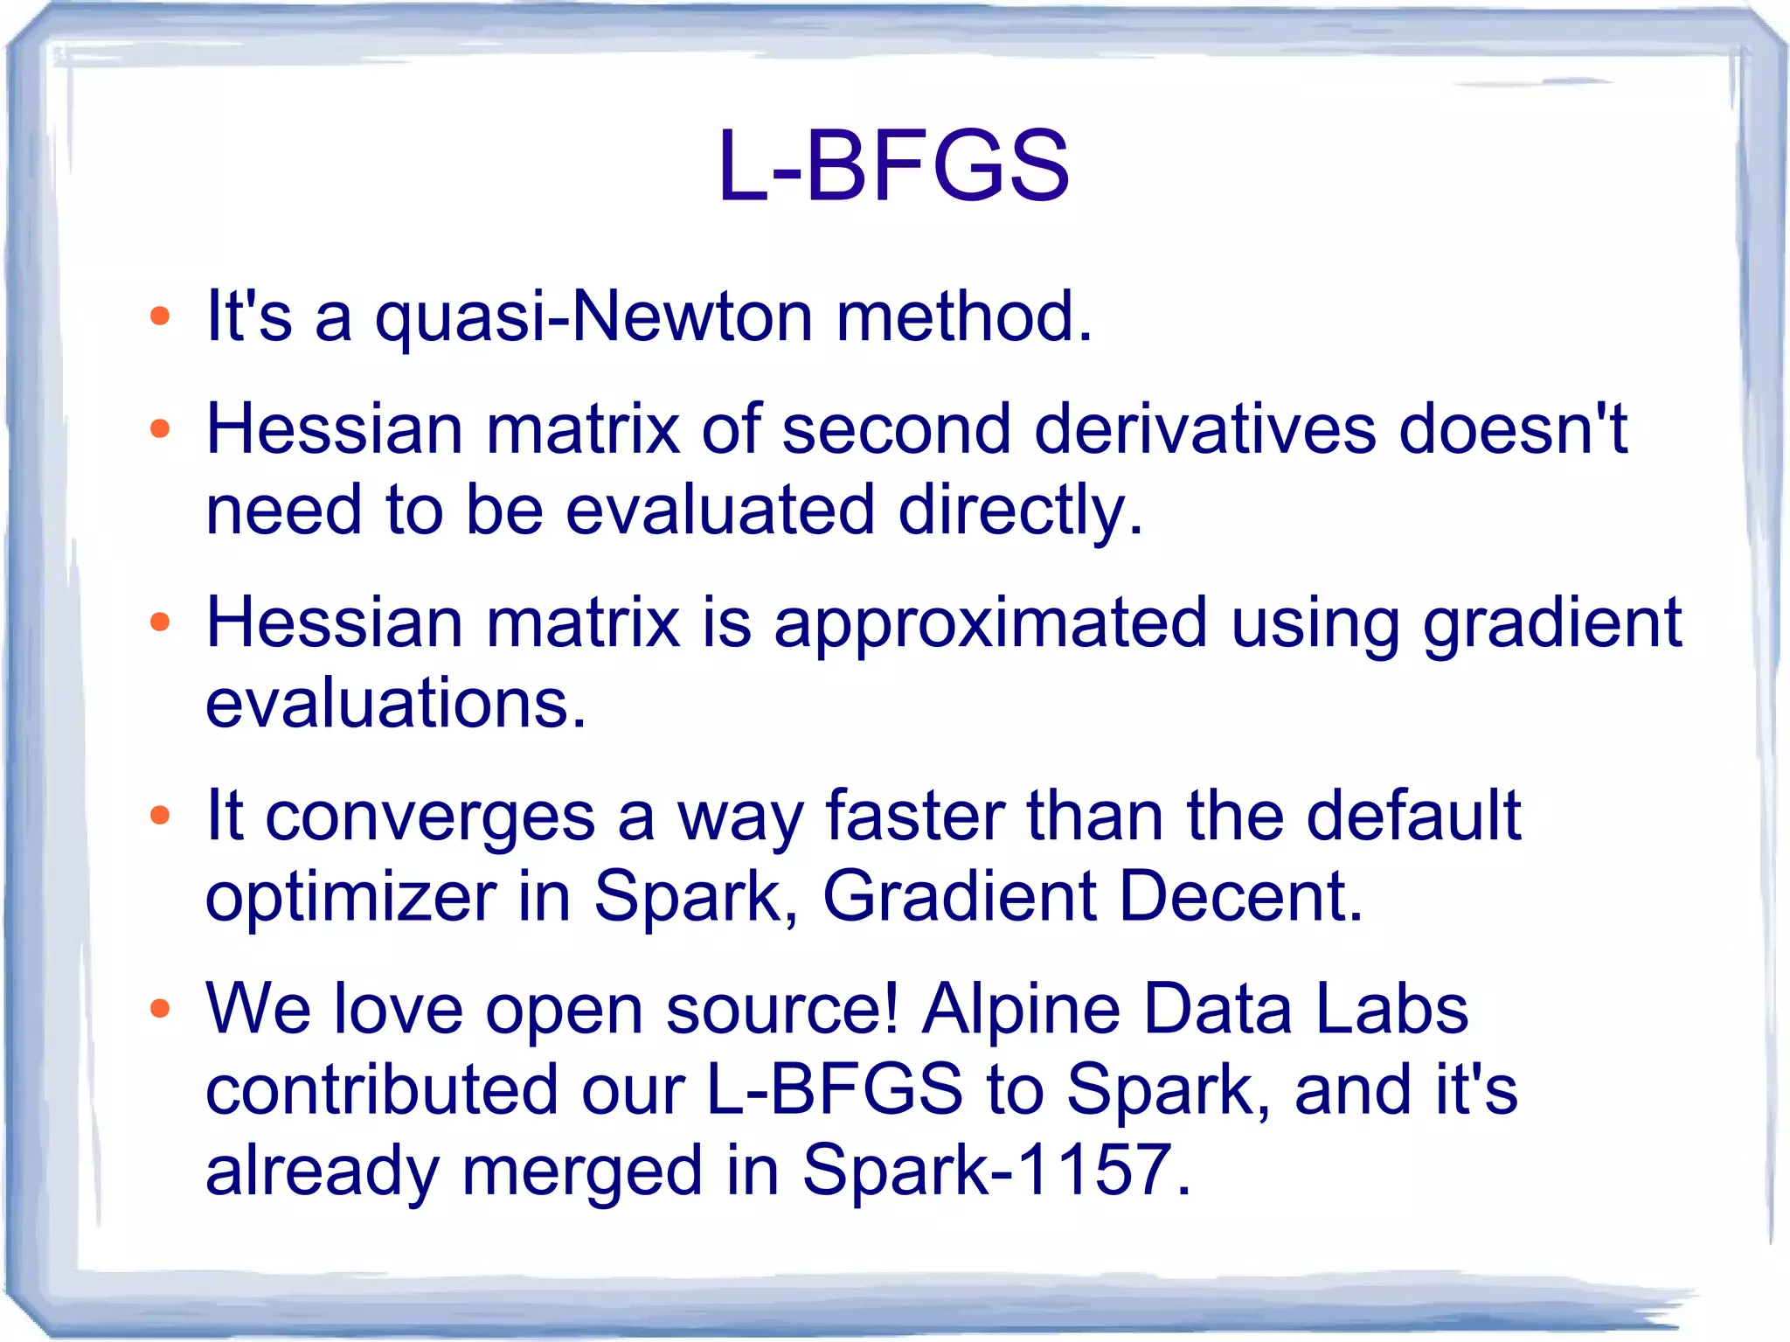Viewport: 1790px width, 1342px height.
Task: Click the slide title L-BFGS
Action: [893, 166]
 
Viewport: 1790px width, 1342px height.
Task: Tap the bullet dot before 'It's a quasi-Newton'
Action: [159, 316]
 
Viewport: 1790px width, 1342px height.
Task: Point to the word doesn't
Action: [1512, 429]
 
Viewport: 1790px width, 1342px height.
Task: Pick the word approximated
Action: [990, 623]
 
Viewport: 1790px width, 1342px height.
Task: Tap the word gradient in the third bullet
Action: [1551, 623]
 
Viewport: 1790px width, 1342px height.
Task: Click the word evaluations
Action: [395, 704]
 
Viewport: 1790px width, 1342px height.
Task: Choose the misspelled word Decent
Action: [1240, 897]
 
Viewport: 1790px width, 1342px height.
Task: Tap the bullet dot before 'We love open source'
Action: [159, 1009]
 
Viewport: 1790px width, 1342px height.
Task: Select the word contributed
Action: [382, 1090]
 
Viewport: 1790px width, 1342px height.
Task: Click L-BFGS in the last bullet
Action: [834, 1090]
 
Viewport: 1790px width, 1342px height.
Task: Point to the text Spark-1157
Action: [996, 1170]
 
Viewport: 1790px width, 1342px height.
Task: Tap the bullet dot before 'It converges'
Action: [159, 816]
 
